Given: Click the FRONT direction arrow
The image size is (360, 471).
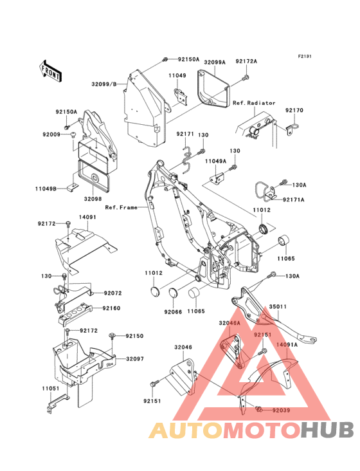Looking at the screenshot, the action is point(50,71).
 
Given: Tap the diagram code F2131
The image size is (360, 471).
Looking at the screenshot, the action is point(305,56).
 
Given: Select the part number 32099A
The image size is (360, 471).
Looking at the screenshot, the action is point(215,62).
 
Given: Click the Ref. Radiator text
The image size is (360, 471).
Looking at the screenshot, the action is point(254,103).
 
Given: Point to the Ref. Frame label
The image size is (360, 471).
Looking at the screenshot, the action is point(122,207).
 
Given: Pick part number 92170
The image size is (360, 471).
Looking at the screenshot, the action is point(294,110).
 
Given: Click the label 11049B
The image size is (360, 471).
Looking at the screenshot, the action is point(46,189).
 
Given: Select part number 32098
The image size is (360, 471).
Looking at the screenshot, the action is point(93,199).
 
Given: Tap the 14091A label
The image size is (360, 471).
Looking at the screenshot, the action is point(287,345).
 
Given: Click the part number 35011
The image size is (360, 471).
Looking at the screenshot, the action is point(278,307).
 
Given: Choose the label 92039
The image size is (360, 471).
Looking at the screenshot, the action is point(281,410).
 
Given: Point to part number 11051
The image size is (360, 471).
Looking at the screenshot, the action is point(51,389).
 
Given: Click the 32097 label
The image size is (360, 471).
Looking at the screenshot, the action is point(135,358).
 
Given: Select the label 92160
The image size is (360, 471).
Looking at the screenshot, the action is point(111,308).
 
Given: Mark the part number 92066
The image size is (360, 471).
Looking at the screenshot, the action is point(173,312).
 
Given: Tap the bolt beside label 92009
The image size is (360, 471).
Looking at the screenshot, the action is point(73,134).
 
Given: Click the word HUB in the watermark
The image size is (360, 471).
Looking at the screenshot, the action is point(328,430).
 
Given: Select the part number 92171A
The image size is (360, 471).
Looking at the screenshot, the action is point(293,199).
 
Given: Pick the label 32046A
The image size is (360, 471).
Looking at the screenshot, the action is point(230,323).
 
